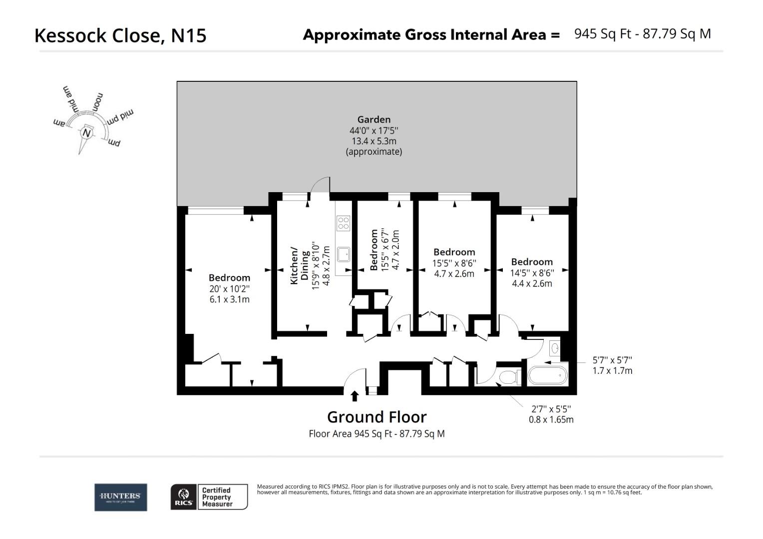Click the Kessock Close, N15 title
pyautogui.click(x=120, y=35)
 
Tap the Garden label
pyautogui.click(x=374, y=119)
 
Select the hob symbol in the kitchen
pyautogui.click(x=344, y=223)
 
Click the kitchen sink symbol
pyautogui.click(x=344, y=254)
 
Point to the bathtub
pyautogui.click(x=547, y=375)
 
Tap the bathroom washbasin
pyautogui.click(x=555, y=347)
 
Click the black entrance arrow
pyautogui.click(x=355, y=396)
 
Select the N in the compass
pyautogui.click(x=87, y=133)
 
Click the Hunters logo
pyautogui.click(x=121, y=497)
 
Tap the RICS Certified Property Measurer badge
pyautogui.click(x=209, y=497)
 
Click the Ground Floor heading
pyautogui.click(x=377, y=417)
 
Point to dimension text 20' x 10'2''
pyautogui.click(x=229, y=288)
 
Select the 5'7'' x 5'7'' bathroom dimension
pyautogui.click(x=612, y=360)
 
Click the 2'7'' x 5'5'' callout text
pyautogui.click(x=551, y=409)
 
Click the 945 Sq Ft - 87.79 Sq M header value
pyautogui.click(x=642, y=34)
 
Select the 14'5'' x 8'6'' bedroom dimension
pyautogui.click(x=532, y=273)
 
